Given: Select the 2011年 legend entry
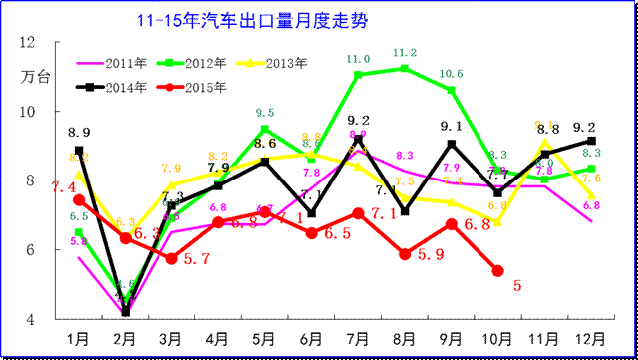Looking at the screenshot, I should point(126,63).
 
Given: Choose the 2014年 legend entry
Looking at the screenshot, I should point(126,87).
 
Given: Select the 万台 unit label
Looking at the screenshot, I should point(32,76).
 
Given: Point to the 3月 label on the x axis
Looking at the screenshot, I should point(171,338).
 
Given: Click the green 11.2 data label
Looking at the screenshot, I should point(405,52).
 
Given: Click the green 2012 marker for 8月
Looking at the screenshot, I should point(405,68).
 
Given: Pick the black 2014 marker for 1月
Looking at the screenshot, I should point(79,150).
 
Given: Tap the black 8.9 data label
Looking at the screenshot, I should point(80,132).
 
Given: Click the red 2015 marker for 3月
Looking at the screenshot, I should point(171,258).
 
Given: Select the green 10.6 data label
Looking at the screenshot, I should point(451,74).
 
